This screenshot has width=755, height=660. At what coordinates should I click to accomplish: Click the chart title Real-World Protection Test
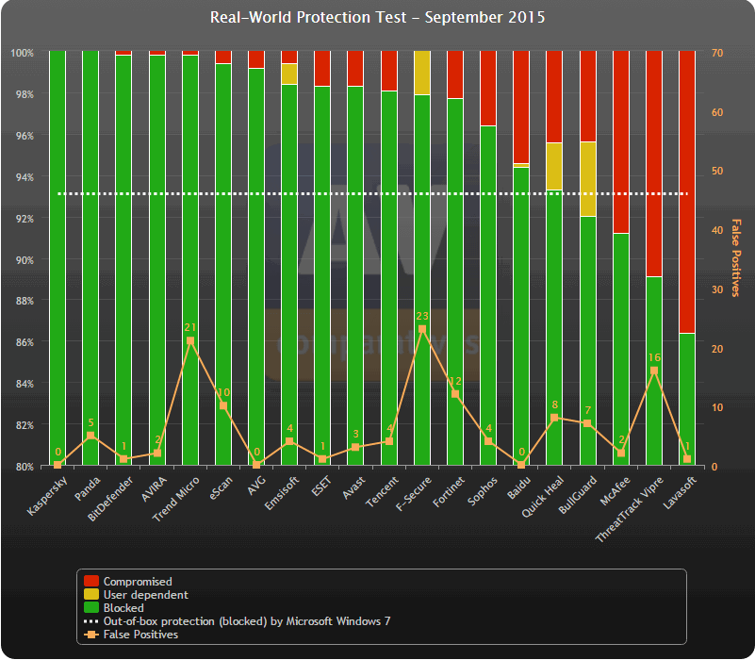377,18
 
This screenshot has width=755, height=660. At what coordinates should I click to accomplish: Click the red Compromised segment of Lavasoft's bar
686,189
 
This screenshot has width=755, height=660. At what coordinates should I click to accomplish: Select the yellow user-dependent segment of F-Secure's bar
421,73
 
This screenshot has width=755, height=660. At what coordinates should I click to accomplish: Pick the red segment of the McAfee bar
620,141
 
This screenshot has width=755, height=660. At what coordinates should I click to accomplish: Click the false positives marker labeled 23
421,329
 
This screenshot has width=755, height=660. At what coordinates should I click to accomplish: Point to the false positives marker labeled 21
189,340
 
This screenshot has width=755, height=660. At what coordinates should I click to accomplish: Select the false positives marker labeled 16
653,371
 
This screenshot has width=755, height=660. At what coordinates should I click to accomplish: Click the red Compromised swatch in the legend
90,582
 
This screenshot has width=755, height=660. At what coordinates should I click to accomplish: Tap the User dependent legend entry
145,595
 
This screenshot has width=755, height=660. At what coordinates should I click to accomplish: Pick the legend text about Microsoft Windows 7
246,621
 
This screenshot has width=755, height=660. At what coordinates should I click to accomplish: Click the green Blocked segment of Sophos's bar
487,292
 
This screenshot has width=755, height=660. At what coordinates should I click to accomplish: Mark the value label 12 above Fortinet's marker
454,381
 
